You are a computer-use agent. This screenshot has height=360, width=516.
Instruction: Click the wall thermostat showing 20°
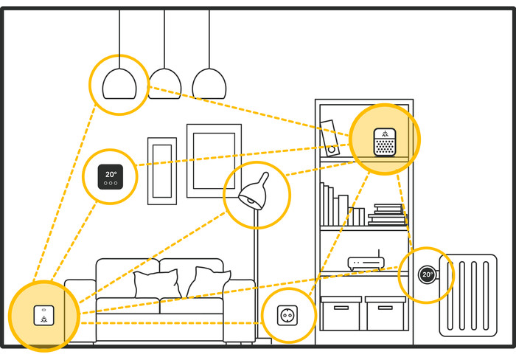pos(111,176)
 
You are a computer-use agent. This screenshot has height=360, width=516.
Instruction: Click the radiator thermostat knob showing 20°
pos(427,274)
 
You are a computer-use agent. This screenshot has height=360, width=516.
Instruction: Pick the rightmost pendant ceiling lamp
pos(209,83)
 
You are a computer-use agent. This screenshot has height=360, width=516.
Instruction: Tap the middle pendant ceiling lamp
pos(164,83)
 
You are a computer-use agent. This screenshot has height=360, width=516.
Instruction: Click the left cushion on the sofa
pos(157,284)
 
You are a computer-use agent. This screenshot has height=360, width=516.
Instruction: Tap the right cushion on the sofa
pos(209,283)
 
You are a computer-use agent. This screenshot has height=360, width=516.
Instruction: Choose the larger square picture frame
pos(214,156)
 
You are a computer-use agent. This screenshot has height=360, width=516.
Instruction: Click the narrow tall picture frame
pos(161,170)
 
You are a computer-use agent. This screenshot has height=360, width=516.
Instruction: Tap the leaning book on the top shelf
pos(329,137)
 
